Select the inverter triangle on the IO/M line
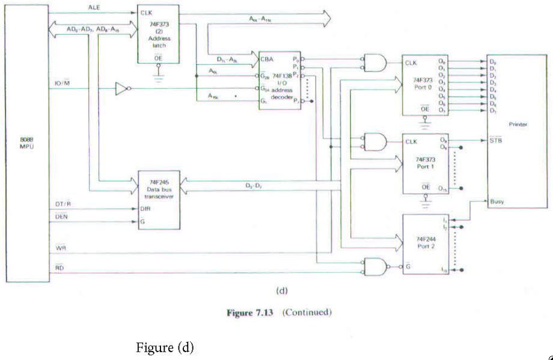click(121, 90)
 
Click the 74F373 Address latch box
click(158, 34)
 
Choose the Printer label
click(517, 124)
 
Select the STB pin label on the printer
click(495, 141)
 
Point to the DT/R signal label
click(64, 205)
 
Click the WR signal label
click(60, 248)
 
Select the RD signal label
click(60, 268)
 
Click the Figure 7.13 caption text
click(279, 313)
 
